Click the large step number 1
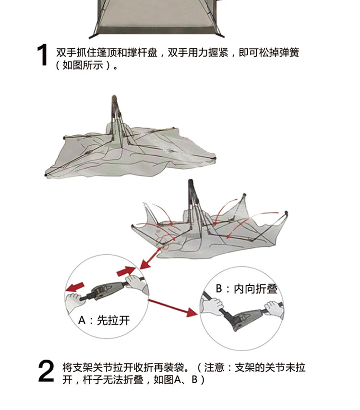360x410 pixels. coord(43,56)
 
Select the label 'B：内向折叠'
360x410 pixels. coord(247,289)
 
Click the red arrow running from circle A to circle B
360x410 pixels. coord(173,307)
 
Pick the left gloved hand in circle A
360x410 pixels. coord(74,302)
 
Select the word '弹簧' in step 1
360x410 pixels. coord(289,52)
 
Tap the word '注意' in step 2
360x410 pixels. coord(214,368)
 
